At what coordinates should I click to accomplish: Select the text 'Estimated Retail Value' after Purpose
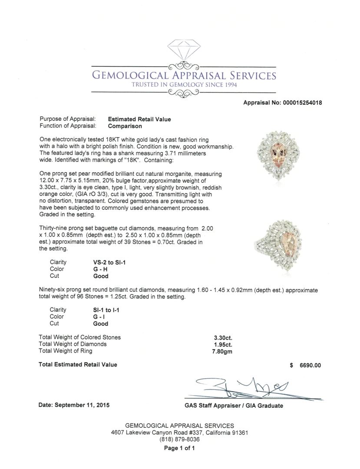click(x=139, y=119)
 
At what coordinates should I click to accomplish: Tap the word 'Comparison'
click(x=125, y=126)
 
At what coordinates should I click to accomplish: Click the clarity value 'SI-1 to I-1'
click(x=106, y=310)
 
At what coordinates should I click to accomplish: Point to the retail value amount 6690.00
click(x=310, y=365)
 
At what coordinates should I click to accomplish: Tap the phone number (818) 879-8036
click(x=179, y=439)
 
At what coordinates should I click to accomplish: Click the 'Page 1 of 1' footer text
click(x=179, y=449)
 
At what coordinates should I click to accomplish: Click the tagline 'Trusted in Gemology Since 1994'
click(x=184, y=85)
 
